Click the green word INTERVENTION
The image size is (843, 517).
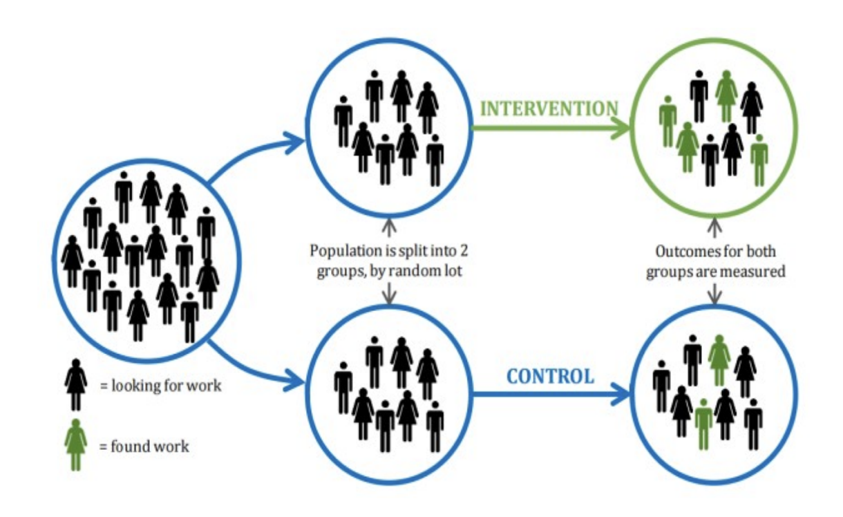tap(548, 109)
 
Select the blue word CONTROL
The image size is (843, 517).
tap(550, 377)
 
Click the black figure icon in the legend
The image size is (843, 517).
tap(75, 385)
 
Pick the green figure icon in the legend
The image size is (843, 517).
tap(75, 444)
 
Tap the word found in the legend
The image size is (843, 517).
tap(129, 446)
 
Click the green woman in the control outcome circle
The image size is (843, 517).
tap(719, 359)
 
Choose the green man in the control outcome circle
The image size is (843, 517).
tap(703, 422)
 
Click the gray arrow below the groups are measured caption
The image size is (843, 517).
tap(715, 293)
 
